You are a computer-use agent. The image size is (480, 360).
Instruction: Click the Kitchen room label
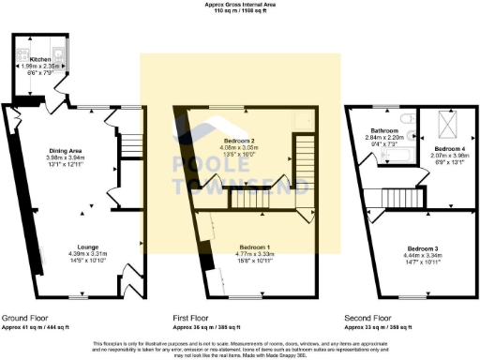40,58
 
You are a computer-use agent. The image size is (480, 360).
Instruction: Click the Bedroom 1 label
256,246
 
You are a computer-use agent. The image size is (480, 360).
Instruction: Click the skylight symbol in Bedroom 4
443,123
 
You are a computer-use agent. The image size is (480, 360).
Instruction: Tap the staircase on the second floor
397,197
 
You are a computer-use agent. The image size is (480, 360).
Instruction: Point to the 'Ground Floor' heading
26,319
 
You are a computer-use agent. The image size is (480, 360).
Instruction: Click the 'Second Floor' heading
367,319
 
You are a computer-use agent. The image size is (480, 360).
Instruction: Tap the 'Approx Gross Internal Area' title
240,5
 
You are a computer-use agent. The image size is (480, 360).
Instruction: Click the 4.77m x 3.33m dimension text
256,253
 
